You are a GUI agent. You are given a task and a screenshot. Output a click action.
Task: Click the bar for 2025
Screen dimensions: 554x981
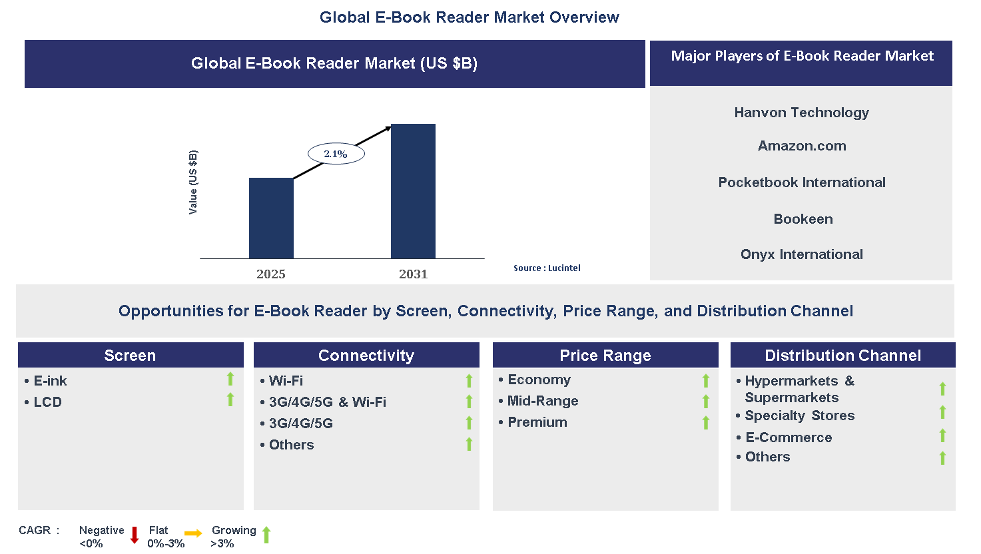(271, 218)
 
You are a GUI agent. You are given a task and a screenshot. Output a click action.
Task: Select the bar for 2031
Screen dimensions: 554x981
(413, 191)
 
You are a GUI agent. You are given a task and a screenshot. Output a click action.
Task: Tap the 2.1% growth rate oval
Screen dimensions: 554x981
(336, 154)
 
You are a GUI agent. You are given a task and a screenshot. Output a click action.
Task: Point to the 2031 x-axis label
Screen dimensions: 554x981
(413, 274)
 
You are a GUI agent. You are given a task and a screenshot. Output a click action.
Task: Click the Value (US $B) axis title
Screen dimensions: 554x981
(193, 182)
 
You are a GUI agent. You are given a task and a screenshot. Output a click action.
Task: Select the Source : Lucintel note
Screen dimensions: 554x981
(547, 268)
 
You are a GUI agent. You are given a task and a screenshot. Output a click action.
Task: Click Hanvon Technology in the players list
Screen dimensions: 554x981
(801, 113)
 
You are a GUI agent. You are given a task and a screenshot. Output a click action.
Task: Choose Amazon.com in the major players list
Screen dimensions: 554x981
(802, 146)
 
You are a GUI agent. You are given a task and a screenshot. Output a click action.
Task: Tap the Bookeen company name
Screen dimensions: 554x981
(803, 219)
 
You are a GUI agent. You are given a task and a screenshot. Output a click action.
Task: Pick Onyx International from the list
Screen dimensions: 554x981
(801, 254)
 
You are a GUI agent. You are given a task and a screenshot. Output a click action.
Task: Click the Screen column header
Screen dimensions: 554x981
(131, 356)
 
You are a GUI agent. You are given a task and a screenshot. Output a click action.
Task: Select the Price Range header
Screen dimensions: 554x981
(605, 356)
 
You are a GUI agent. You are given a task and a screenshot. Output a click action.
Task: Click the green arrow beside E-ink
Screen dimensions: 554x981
(230, 379)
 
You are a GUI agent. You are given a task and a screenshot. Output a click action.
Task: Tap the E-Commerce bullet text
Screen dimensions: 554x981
(789, 437)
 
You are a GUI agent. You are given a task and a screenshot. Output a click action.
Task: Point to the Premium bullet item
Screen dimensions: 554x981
(537, 422)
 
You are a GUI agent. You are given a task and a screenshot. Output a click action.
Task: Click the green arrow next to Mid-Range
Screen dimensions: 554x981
(706, 402)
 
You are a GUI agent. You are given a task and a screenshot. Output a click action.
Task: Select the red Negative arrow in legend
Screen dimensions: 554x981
(134, 535)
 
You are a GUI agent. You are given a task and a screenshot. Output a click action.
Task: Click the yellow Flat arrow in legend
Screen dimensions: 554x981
(193, 533)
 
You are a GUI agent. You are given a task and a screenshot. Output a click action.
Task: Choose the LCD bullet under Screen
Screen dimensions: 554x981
(47, 402)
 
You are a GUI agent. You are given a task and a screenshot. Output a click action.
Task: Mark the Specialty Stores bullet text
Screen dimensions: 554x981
(799, 415)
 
